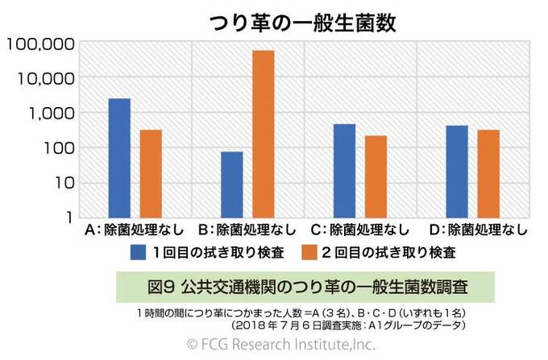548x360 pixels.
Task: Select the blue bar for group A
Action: click(119, 158)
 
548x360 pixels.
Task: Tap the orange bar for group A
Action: click(151, 173)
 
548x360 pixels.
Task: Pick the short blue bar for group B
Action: click(232, 184)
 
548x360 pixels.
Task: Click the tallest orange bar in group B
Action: click(264, 134)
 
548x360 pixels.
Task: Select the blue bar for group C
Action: click(344, 170)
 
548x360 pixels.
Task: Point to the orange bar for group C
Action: click(376, 176)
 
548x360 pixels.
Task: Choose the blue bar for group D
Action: click(457, 171)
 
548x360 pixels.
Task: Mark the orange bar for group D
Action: click(488, 173)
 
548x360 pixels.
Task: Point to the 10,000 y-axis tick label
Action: click(44, 78)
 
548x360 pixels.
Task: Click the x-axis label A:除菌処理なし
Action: click(135, 230)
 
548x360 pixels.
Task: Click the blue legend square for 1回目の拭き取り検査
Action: click(138, 253)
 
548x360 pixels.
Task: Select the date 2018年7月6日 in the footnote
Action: click(273, 325)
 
